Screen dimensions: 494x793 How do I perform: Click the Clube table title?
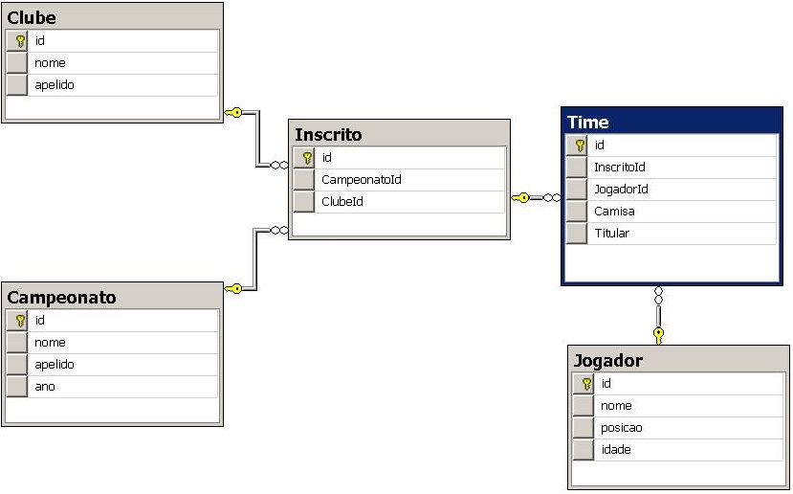tap(32, 17)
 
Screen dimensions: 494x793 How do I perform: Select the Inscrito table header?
tap(328, 134)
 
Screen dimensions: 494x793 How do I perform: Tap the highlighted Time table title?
tap(587, 122)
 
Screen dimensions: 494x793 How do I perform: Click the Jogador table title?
tap(607, 360)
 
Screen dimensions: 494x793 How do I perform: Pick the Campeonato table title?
tap(61, 297)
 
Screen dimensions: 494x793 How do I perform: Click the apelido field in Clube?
tap(55, 84)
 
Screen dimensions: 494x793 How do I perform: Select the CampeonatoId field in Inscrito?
tap(361, 179)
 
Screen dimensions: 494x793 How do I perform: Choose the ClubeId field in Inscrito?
tap(341, 201)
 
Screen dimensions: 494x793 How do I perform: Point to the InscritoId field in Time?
tap(619, 167)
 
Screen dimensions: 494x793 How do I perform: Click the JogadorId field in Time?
tap(621, 189)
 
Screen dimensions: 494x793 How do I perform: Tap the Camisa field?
tap(613, 211)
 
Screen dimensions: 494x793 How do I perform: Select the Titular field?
tap(611, 233)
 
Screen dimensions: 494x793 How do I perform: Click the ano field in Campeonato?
tap(45, 386)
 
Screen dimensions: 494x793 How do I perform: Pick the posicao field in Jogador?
tap(621, 427)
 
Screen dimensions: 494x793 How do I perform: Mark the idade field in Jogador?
tap(616, 449)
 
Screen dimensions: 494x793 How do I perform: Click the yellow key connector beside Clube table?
tap(233, 112)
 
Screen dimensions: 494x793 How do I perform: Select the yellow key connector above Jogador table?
tap(658, 334)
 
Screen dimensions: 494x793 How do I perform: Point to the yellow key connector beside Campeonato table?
tap(233, 288)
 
